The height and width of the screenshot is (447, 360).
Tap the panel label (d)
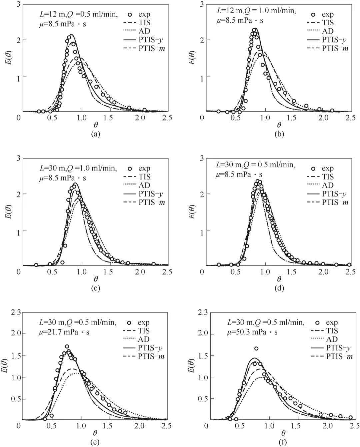point(279,288)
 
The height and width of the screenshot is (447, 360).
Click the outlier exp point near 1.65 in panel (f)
point(256,348)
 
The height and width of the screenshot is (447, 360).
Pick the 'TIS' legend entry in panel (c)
point(144,177)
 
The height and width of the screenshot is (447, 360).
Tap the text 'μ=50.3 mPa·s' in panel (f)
point(252,332)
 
